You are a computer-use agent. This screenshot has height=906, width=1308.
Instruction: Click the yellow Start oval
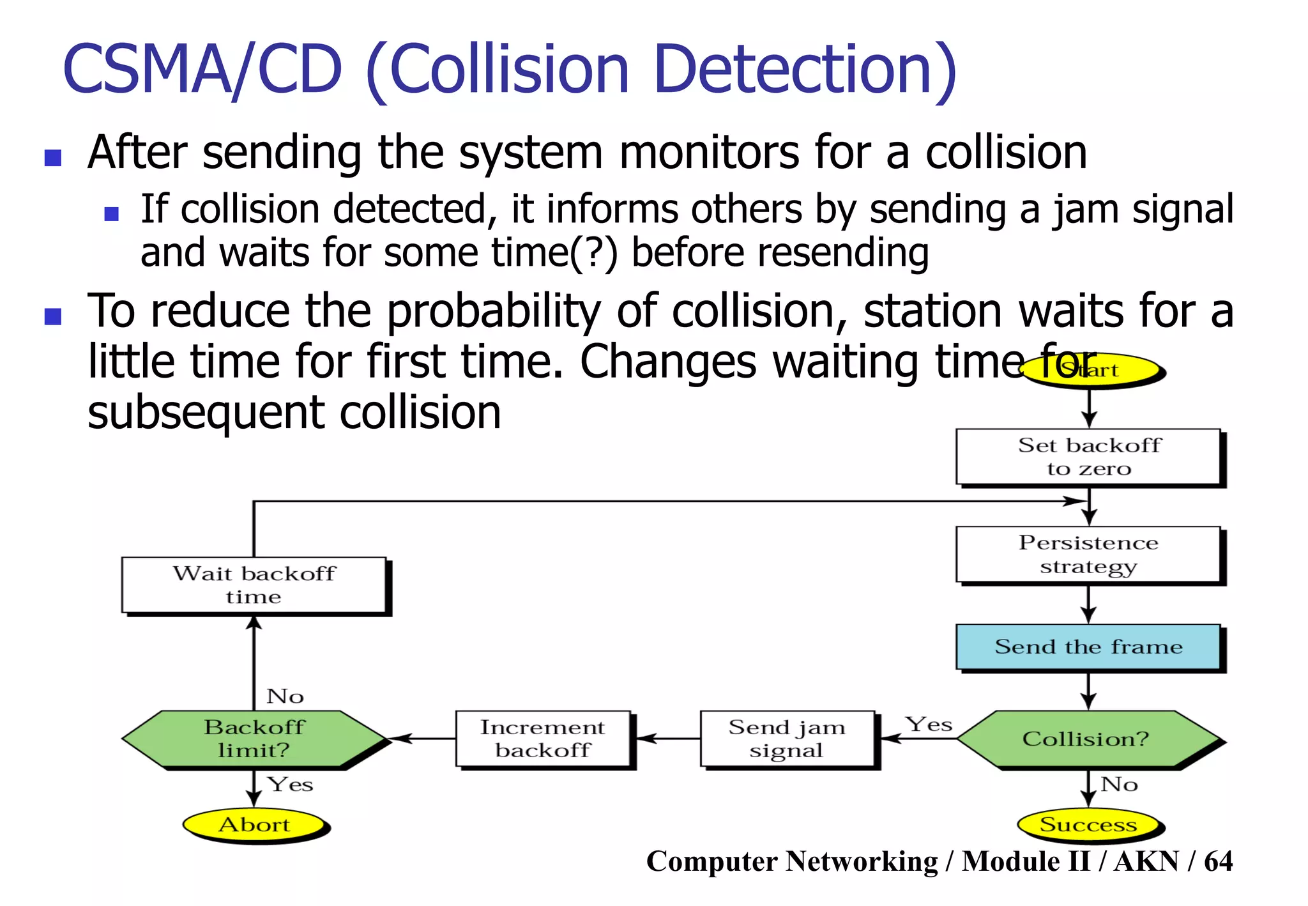(x=1090, y=370)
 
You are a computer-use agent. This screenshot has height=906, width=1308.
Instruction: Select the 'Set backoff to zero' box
(x=1088, y=457)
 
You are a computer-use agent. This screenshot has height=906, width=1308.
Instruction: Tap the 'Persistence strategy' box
(x=1088, y=555)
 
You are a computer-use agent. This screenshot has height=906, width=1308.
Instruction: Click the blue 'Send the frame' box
(x=1088, y=647)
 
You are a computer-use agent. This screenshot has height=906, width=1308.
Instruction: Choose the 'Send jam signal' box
(x=787, y=739)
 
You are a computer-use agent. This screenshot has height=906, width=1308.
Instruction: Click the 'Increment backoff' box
(x=543, y=739)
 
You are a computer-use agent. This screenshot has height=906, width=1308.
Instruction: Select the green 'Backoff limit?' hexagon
(x=254, y=739)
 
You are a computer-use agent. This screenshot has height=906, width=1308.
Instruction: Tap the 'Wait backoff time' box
(x=254, y=585)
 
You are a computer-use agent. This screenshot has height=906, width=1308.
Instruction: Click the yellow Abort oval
(x=254, y=825)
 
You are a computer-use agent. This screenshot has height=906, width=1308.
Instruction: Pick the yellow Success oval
(x=1088, y=825)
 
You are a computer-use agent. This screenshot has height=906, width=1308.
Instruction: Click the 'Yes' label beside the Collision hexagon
(x=929, y=725)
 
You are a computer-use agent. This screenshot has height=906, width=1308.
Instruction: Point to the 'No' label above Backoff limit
(x=285, y=696)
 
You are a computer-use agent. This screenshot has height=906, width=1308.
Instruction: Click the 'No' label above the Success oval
(x=1119, y=784)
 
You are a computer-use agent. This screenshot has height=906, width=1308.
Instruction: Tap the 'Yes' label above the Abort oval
(x=290, y=784)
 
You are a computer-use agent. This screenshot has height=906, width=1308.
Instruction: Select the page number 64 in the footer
(x=1218, y=861)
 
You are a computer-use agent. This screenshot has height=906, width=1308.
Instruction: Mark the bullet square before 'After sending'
(x=53, y=157)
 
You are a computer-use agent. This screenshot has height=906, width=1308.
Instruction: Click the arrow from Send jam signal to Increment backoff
(x=668, y=739)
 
